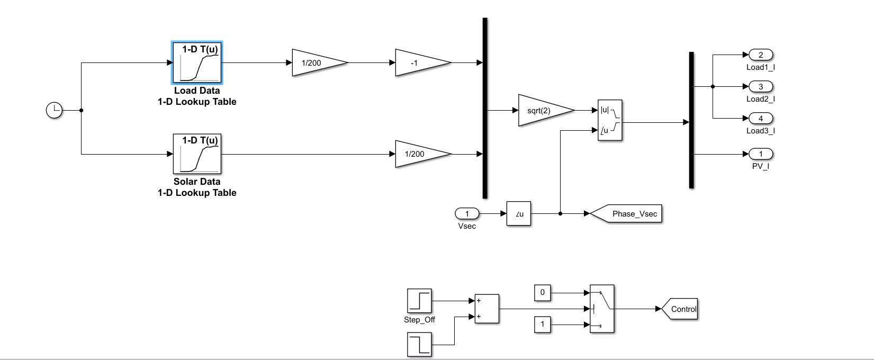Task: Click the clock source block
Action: pyautogui.click(x=55, y=111)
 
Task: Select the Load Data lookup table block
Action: pyautogui.click(x=197, y=63)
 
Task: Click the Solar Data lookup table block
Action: pyautogui.click(x=197, y=154)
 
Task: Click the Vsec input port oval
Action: pyautogui.click(x=467, y=214)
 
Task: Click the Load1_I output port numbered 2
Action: pyautogui.click(x=761, y=55)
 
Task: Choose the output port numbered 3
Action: pyautogui.click(x=761, y=87)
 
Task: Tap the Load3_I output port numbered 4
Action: pyautogui.click(x=761, y=119)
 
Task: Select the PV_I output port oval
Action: pyautogui.click(x=761, y=154)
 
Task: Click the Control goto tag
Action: pyautogui.click(x=682, y=309)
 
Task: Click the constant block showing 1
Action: pyautogui.click(x=542, y=325)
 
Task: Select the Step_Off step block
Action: pyautogui.click(x=419, y=301)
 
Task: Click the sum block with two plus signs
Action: pyautogui.click(x=486, y=309)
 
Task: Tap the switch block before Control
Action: pyautogui.click(x=602, y=309)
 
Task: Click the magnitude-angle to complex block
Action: pyautogui.click(x=610, y=120)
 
